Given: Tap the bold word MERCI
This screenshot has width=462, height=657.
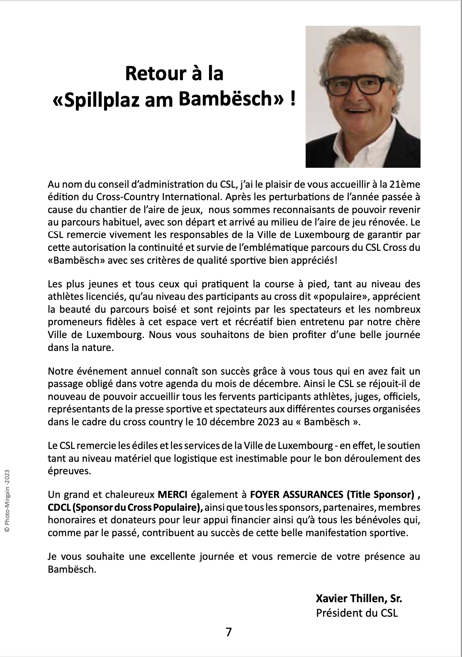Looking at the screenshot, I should pos(173,495).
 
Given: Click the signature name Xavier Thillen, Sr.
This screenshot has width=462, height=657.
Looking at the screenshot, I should pos(359,598).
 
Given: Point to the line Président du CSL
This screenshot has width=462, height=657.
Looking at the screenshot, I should pos(357,613).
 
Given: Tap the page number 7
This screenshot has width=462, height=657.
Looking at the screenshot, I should pos(229,632).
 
